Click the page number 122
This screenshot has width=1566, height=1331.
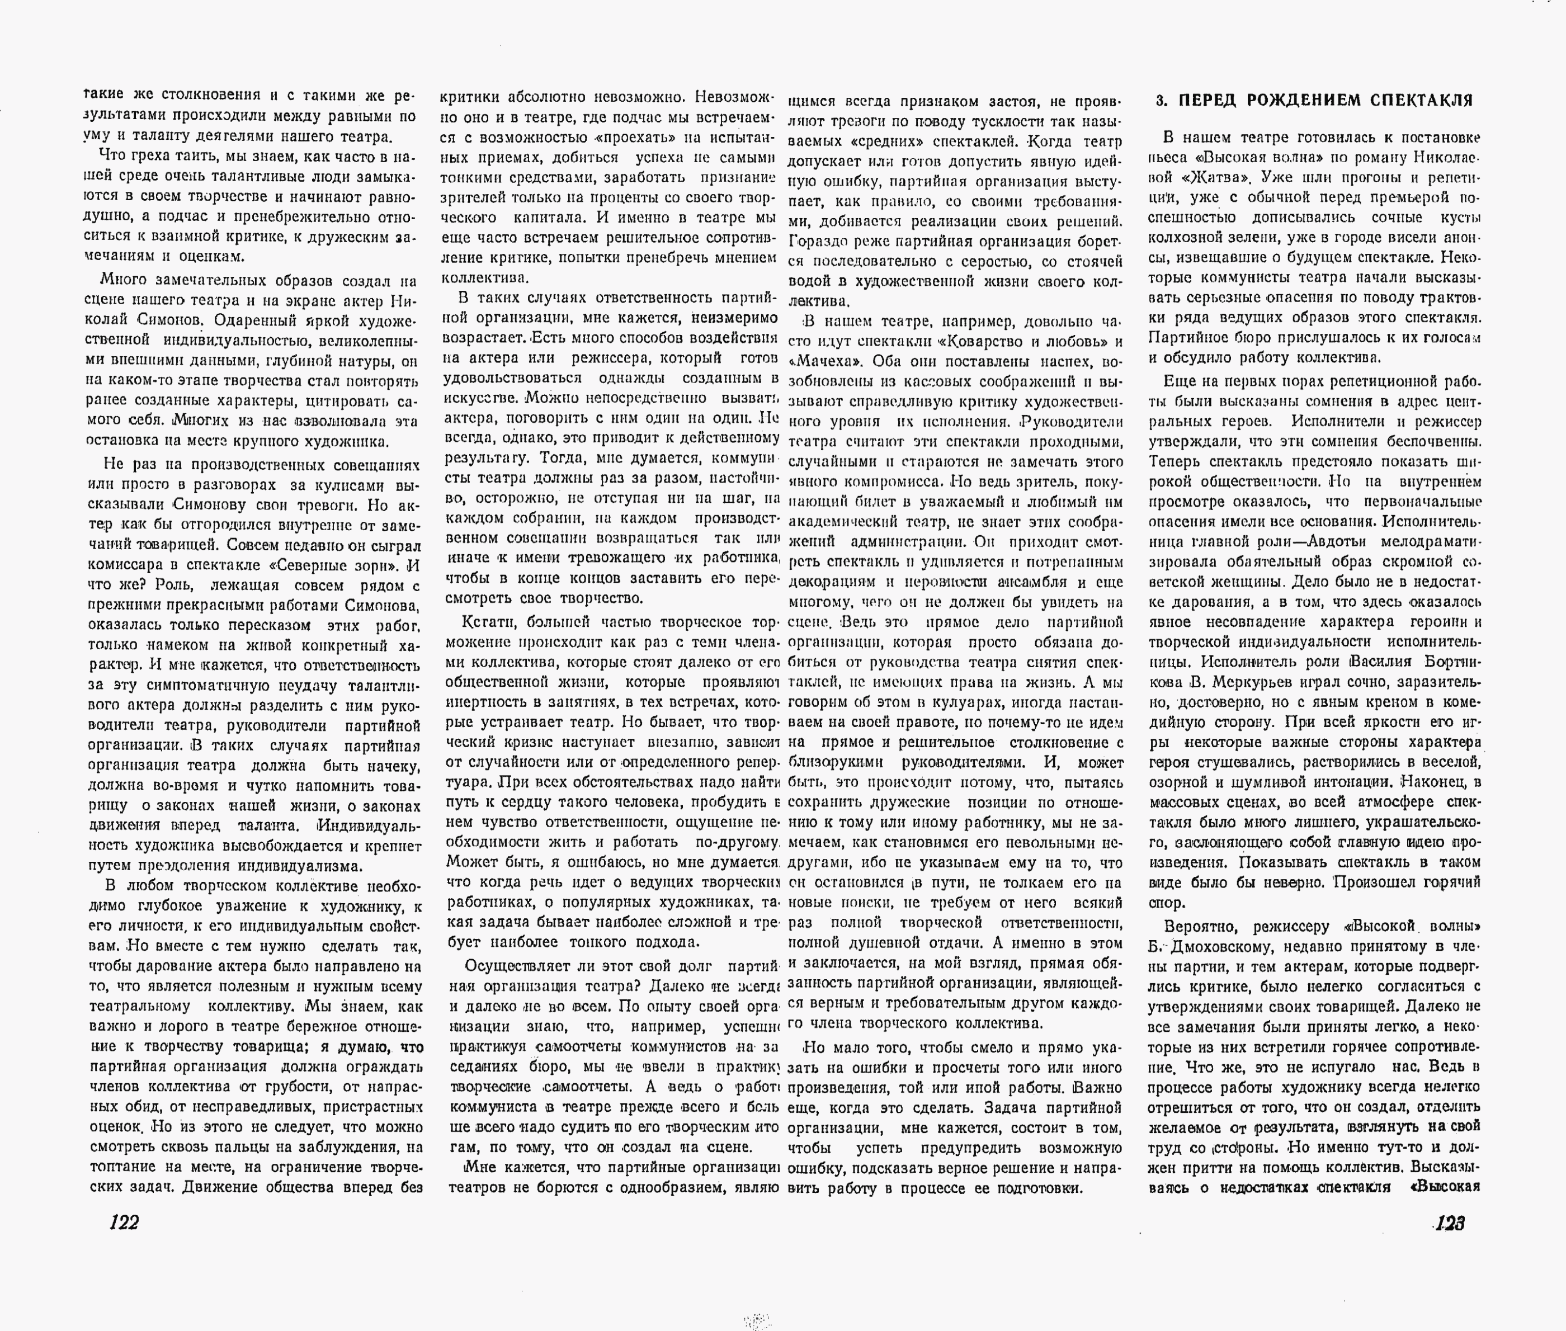tap(124, 1223)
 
